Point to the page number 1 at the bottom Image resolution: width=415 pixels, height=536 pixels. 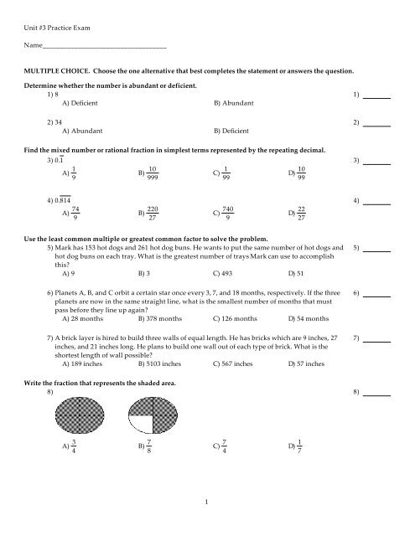click(206, 523)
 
